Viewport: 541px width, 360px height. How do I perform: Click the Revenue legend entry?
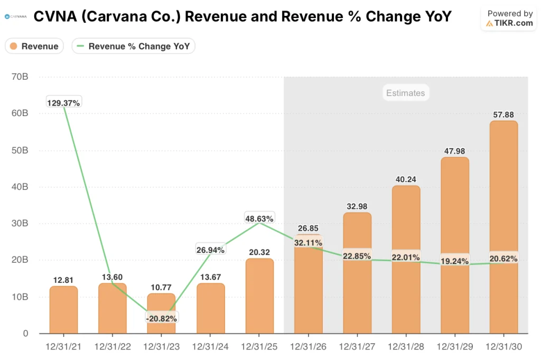click(34, 46)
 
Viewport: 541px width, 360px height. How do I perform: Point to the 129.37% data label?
click(63, 103)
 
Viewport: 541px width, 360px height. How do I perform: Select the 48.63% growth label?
click(259, 218)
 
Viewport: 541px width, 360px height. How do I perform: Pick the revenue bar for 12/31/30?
click(503, 227)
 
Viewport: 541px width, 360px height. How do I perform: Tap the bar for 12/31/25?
click(259, 296)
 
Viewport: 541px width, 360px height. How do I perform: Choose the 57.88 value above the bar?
click(503, 114)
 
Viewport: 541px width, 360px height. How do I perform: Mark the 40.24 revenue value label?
click(406, 179)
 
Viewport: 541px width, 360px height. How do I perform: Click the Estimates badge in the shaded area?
click(405, 93)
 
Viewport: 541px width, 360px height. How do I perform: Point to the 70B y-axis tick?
click(20, 77)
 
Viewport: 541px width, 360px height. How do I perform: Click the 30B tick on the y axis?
click(20, 223)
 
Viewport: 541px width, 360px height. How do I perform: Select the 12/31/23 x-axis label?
click(161, 346)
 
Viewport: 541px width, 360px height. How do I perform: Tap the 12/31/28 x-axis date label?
click(406, 346)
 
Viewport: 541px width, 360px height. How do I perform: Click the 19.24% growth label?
click(454, 260)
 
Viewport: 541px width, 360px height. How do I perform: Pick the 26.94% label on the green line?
click(210, 250)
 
